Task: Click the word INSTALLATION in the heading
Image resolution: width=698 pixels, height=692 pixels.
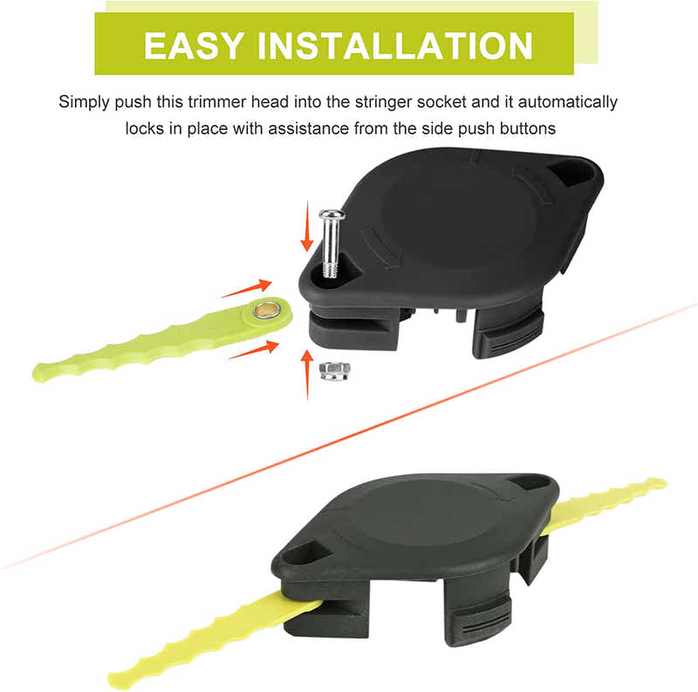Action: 394,45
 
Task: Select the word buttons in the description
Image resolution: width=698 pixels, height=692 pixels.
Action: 525,127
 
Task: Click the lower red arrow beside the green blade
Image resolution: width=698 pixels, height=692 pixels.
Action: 254,348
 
